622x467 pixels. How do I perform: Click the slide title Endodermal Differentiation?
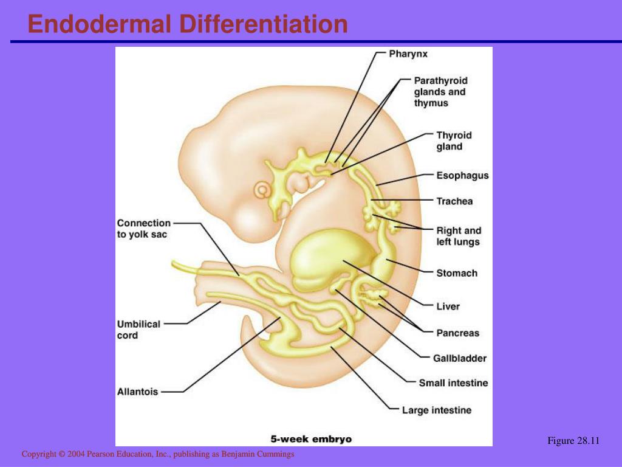tap(188, 24)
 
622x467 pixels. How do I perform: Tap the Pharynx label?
tap(408, 54)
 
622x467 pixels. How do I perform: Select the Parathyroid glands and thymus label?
tap(440, 92)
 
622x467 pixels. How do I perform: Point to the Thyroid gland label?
tap(454, 141)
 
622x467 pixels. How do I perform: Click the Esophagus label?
tap(462, 176)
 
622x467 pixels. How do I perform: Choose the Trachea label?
tap(454, 201)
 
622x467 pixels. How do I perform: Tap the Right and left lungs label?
tap(458, 236)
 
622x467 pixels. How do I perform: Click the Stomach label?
tap(457, 273)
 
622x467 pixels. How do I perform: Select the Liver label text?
tap(448, 306)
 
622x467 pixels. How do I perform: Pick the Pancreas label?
tap(457, 333)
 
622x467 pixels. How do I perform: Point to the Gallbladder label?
tap(460, 358)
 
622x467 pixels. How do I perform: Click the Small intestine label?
tap(453, 383)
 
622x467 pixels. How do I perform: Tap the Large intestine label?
tap(436, 410)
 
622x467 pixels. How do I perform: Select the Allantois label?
tap(137, 392)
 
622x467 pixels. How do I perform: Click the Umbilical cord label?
tap(138, 330)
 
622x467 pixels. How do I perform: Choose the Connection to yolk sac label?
tap(143, 229)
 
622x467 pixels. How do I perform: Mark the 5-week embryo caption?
tap(310, 438)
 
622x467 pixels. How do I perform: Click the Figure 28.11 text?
tap(573, 441)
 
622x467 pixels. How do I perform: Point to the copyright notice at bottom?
tap(158, 454)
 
